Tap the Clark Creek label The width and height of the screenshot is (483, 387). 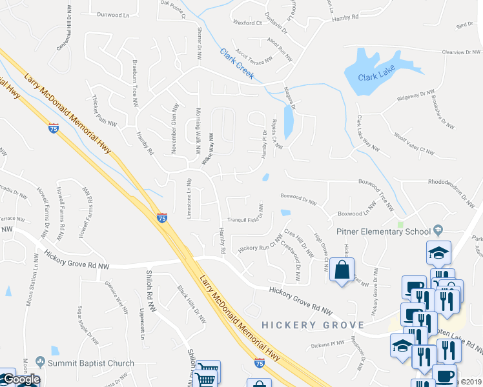click(x=236, y=65)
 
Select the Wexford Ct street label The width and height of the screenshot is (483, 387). click(x=249, y=23)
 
